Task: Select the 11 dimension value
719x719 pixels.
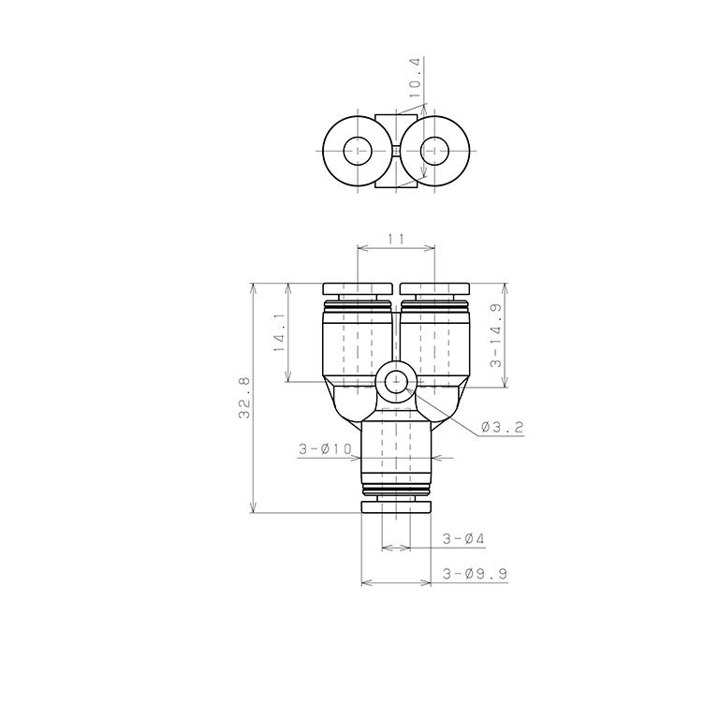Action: pyautogui.click(x=396, y=241)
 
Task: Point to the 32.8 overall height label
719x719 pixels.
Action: pyautogui.click(x=244, y=398)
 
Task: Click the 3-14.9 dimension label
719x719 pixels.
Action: pyautogui.click(x=494, y=334)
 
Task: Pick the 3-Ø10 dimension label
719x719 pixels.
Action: pyautogui.click(x=324, y=449)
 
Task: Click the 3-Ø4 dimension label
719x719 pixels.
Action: pyautogui.click(x=461, y=539)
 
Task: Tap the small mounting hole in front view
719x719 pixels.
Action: pyautogui.click(x=396, y=382)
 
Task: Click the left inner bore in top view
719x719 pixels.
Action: pyautogui.click(x=358, y=151)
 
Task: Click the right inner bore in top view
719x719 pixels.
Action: pyautogui.click(x=434, y=151)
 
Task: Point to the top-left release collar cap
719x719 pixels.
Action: pyautogui.click(x=357, y=288)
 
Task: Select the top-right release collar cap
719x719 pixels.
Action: pyautogui.click(x=435, y=288)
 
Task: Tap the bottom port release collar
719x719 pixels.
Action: pyautogui.click(x=396, y=507)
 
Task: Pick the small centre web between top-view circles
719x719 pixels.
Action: pyautogui.click(x=396, y=151)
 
